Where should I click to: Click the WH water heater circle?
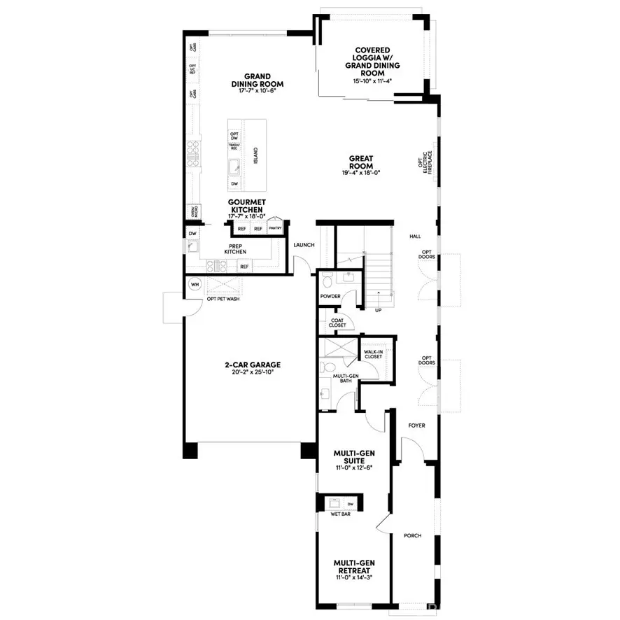tap(195, 285)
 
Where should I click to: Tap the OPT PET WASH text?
tap(223, 300)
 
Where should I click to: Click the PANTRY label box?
tap(275, 228)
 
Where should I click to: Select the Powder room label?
tap(330, 296)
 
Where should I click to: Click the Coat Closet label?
tap(337, 323)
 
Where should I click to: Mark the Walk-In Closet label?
tap(373, 354)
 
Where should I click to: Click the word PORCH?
tap(413, 536)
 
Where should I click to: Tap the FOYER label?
tap(416, 425)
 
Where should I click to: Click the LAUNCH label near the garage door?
tap(304, 245)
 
